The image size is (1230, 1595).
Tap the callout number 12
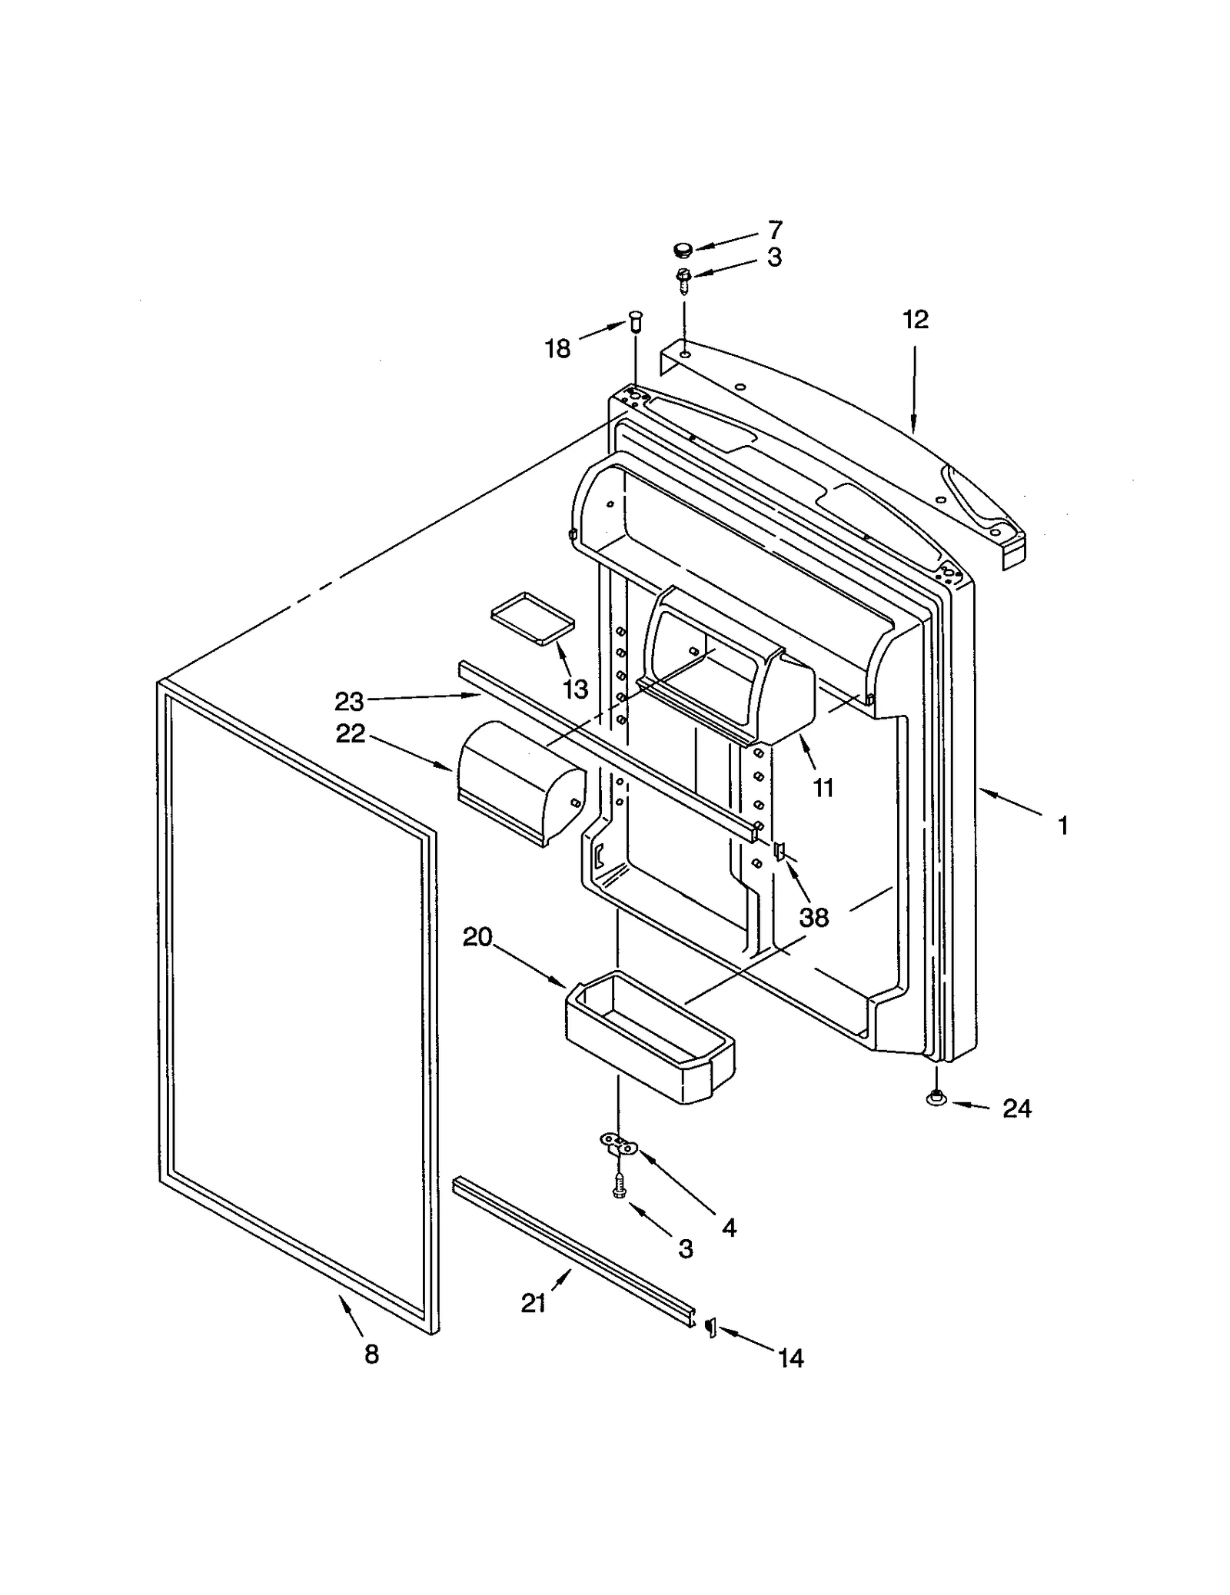pyautogui.click(x=915, y=319)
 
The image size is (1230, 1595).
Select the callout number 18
pyautogui.click(x=557, y=349)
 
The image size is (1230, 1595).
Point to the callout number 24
pyautogui.click(x=1016, y=1108)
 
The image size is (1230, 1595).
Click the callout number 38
pyautogui.click(x=813, y=917)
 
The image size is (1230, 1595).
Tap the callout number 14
pyautogui.click(x=790, y=1359)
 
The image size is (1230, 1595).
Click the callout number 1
pyautogui.click(x=1063, y=826)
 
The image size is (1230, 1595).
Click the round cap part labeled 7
pyautogui.click(x=682, y=249)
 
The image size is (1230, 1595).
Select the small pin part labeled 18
pyautogui.click(x=635, y=319)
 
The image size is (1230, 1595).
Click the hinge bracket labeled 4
pyautogui.click(x=619, y=1146)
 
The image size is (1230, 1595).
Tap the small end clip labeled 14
pyautogui.click(x=711, y=1326)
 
